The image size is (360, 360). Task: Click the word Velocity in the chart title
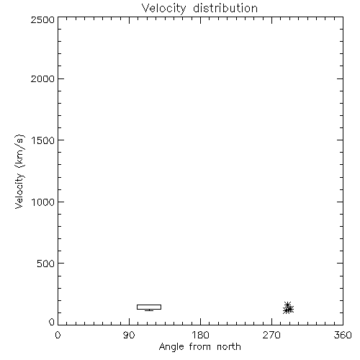tap(163, 9)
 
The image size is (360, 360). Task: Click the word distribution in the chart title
tap(225, 8)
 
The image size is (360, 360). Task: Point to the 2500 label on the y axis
tap(42, 19)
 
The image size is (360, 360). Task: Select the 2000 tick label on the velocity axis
tap(42, 78)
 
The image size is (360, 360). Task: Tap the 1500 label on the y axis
tap(43, 140)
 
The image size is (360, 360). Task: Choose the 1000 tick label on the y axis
tap(43, 202)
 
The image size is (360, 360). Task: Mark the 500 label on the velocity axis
tap(46, 264)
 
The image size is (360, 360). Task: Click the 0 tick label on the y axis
tap(52, 322)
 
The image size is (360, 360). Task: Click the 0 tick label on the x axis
tap(58, 335)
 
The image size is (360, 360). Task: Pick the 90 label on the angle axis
tap(129, 335)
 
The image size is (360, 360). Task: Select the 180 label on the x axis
tap(200, 335)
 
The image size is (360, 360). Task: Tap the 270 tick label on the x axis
tap(271, 335)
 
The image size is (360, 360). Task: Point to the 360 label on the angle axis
tap(343, 335)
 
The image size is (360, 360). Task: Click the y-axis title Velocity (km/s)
tap(19, 171)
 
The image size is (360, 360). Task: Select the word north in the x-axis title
tap(229, 347)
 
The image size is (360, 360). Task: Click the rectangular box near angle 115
tap(149, 305)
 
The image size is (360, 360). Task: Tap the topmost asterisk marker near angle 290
tap(287, 305)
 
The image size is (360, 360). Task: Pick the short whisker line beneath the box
tap(149, 310)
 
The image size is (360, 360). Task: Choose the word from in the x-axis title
tap(200, 347)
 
